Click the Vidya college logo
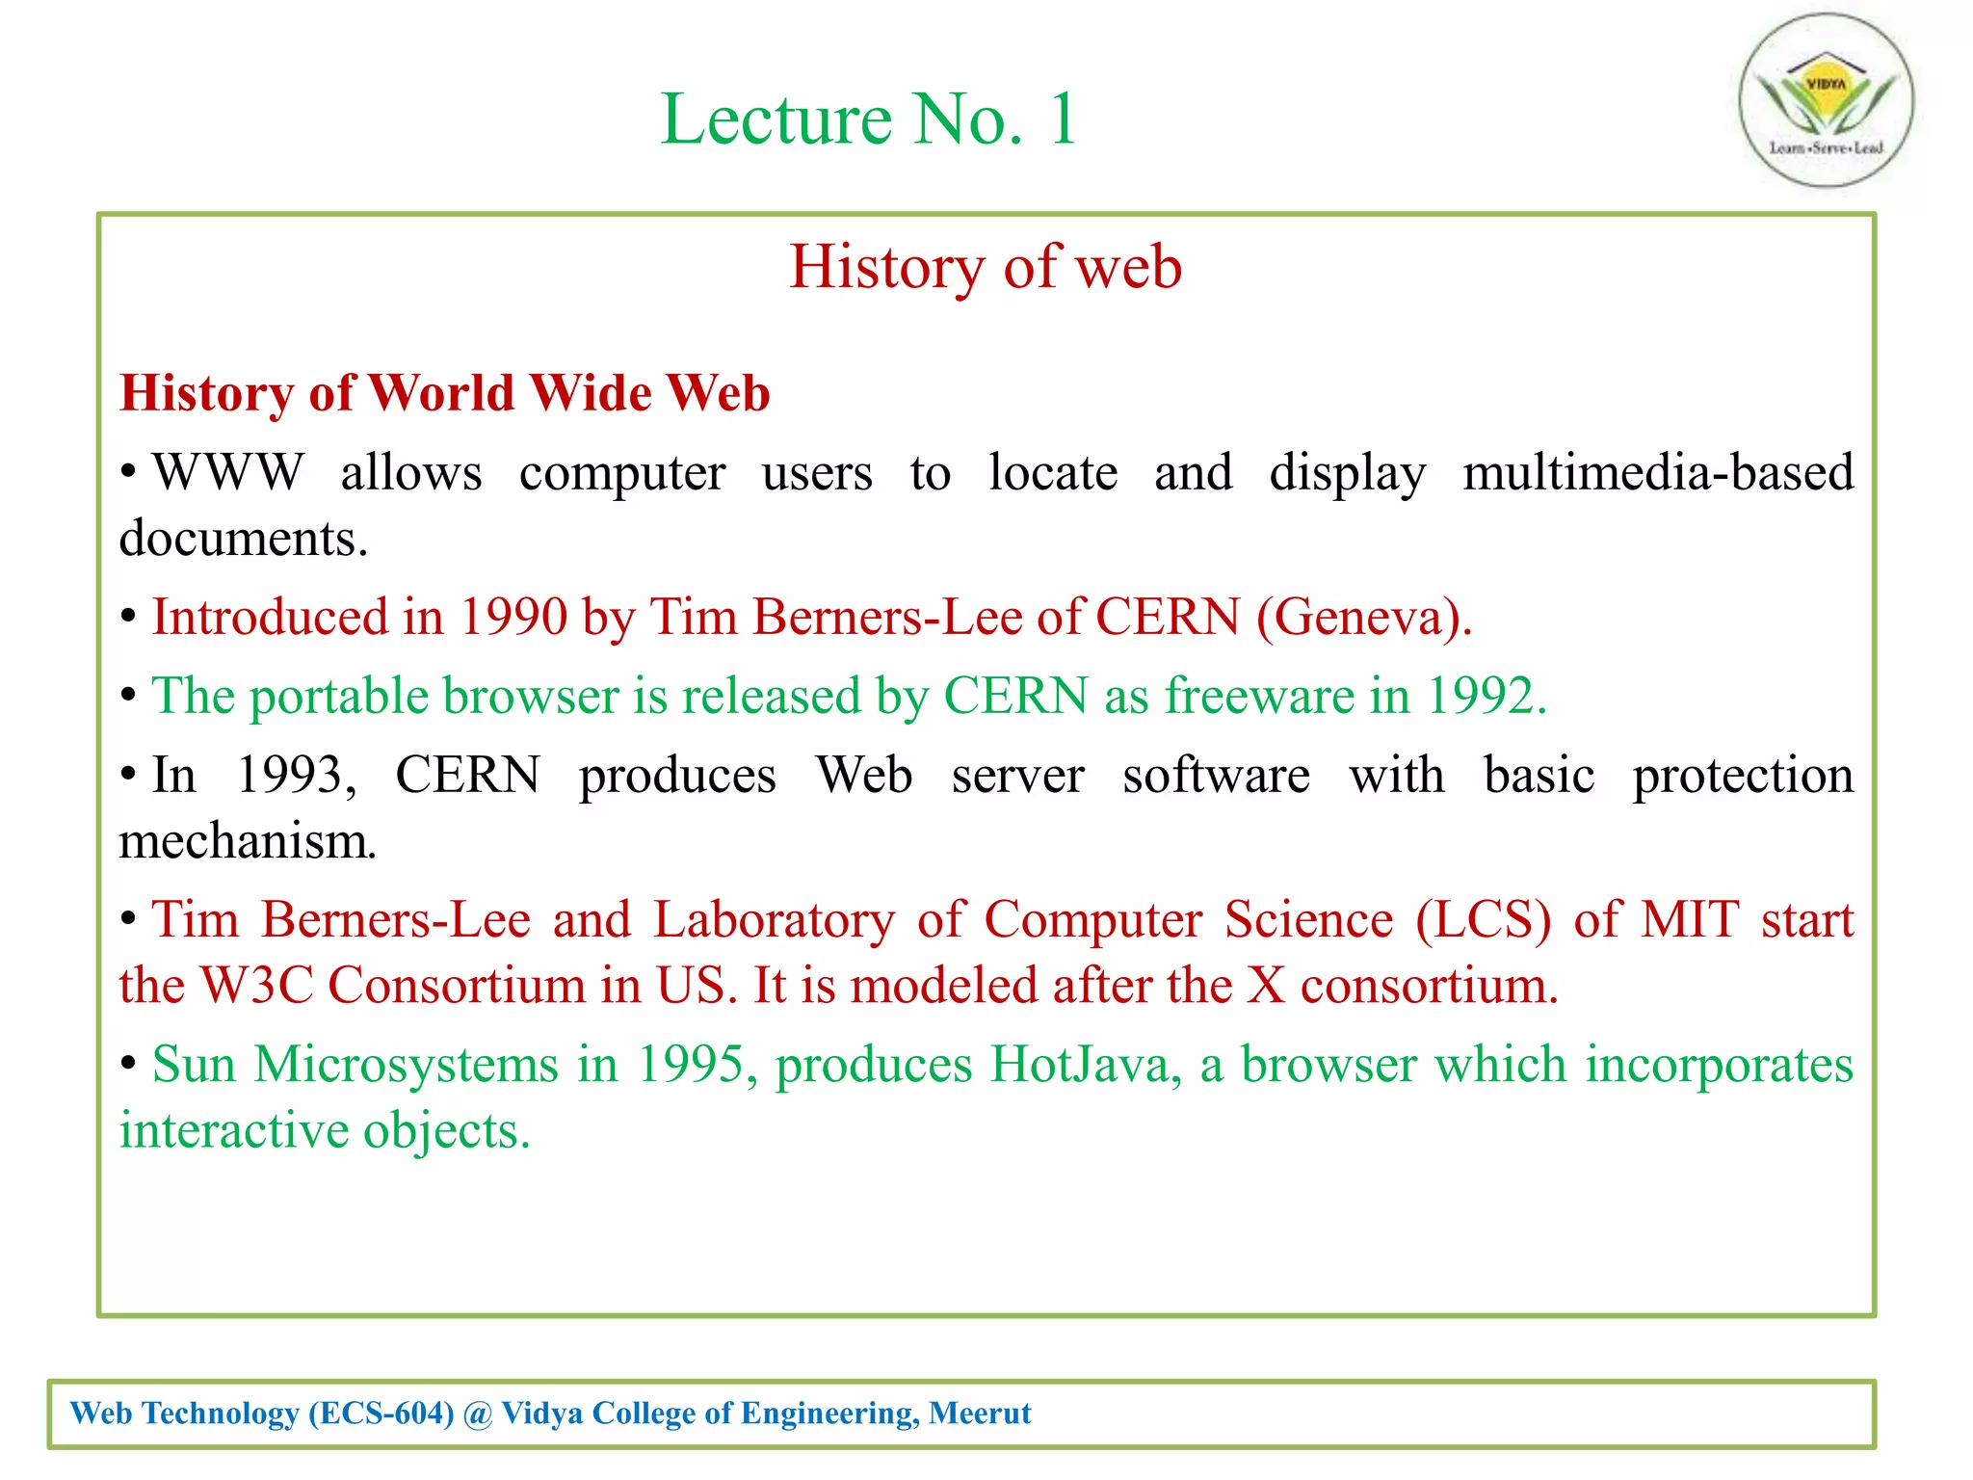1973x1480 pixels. point(1826,100)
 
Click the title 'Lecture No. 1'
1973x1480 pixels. point(868,119)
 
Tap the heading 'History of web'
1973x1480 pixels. point(986,267)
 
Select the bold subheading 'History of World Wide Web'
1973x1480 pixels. point(444,393)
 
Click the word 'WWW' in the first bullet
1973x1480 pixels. point(228,473)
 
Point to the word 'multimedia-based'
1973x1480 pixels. point(1657,473)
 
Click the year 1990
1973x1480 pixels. point(513,618)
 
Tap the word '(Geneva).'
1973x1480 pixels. point(1364,618)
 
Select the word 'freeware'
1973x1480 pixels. point(1259,697)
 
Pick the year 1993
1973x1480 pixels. point(296,776)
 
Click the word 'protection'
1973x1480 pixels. point(1743,776)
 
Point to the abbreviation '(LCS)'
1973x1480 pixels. point(1484,920)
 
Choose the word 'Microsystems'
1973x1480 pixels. point(407,1066)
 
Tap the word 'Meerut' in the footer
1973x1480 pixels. point(980,1414)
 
